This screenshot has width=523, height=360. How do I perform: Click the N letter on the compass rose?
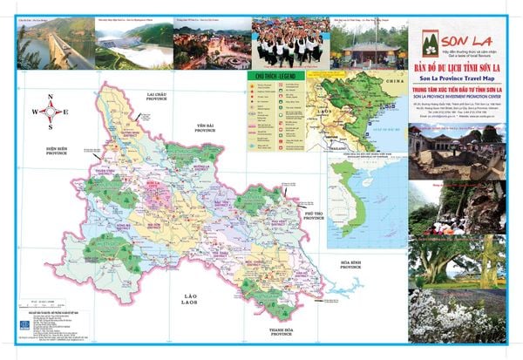(51, 98)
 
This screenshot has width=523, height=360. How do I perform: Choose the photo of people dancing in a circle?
(289, 43)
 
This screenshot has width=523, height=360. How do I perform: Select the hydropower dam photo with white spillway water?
(132, 45)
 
